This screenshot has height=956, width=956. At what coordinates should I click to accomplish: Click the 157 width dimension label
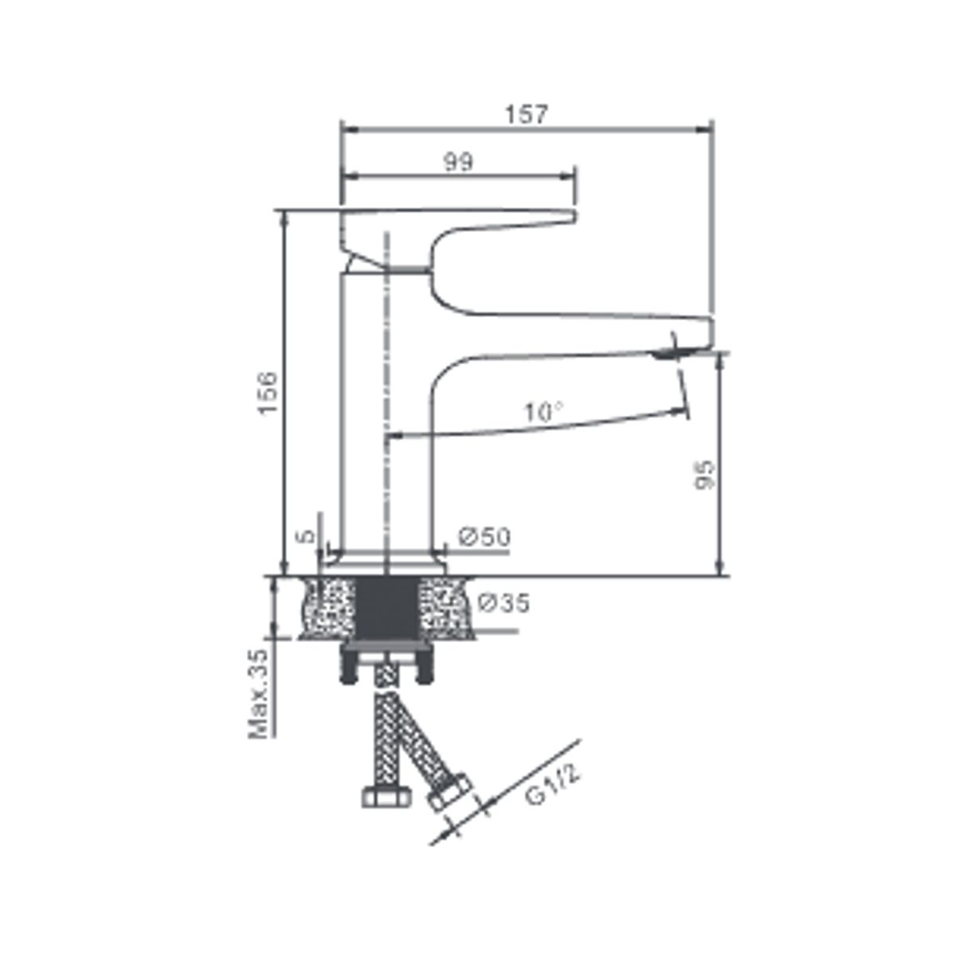527,115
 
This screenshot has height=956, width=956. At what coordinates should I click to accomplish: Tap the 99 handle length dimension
458,163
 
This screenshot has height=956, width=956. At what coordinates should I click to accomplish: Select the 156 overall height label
268,393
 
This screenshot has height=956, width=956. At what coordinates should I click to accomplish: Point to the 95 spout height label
704,475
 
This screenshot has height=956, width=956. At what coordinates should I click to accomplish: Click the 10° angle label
543,412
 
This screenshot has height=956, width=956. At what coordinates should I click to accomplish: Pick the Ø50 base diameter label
484,537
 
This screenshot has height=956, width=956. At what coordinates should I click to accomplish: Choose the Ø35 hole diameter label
504,603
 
